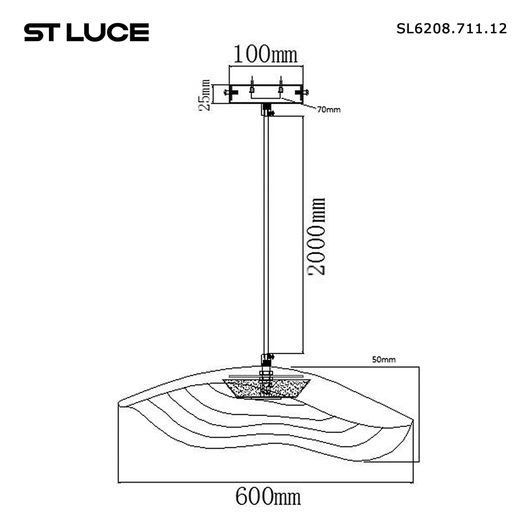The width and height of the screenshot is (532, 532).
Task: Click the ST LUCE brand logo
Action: tap(87, 32)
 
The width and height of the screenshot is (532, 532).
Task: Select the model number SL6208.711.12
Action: tap(452, 29)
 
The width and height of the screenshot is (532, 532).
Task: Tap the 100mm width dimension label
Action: tap(265, 54)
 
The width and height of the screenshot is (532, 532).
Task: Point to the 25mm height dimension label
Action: tap(205, 95)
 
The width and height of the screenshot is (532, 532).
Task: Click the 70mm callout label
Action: tap(329, 110)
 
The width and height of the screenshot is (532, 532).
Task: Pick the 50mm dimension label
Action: tap(384, 359)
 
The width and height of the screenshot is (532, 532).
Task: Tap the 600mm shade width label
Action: tap(268, 497)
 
